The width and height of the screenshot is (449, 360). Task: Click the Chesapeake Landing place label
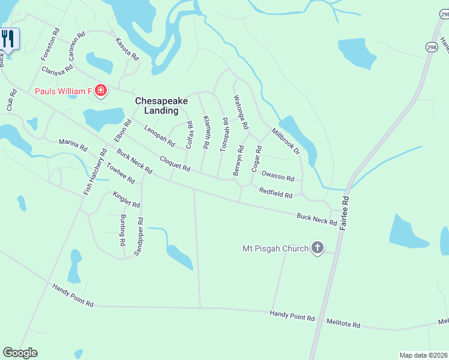tap(157, 106)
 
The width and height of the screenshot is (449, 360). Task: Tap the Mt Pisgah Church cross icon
tap(318, 248)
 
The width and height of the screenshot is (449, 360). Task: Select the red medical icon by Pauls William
tap(101, 91)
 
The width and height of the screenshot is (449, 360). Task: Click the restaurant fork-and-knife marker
tap(8, 39)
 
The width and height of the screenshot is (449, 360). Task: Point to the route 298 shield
tap(432, 46)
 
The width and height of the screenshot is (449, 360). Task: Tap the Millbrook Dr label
tap(285, 141)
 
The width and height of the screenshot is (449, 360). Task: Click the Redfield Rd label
tap(276, 194)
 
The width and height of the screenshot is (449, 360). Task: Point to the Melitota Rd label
tap(343, 324)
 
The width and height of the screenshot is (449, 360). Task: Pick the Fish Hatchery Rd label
tap(95, 172)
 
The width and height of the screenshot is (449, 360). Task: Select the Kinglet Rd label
tap(126, 199)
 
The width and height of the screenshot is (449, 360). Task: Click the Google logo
tap(20, 353)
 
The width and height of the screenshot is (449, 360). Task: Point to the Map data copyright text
tap(423, 355)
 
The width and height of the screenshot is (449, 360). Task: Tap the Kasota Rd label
tap(127, 48)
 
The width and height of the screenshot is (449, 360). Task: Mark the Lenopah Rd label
tap(159, 136)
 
